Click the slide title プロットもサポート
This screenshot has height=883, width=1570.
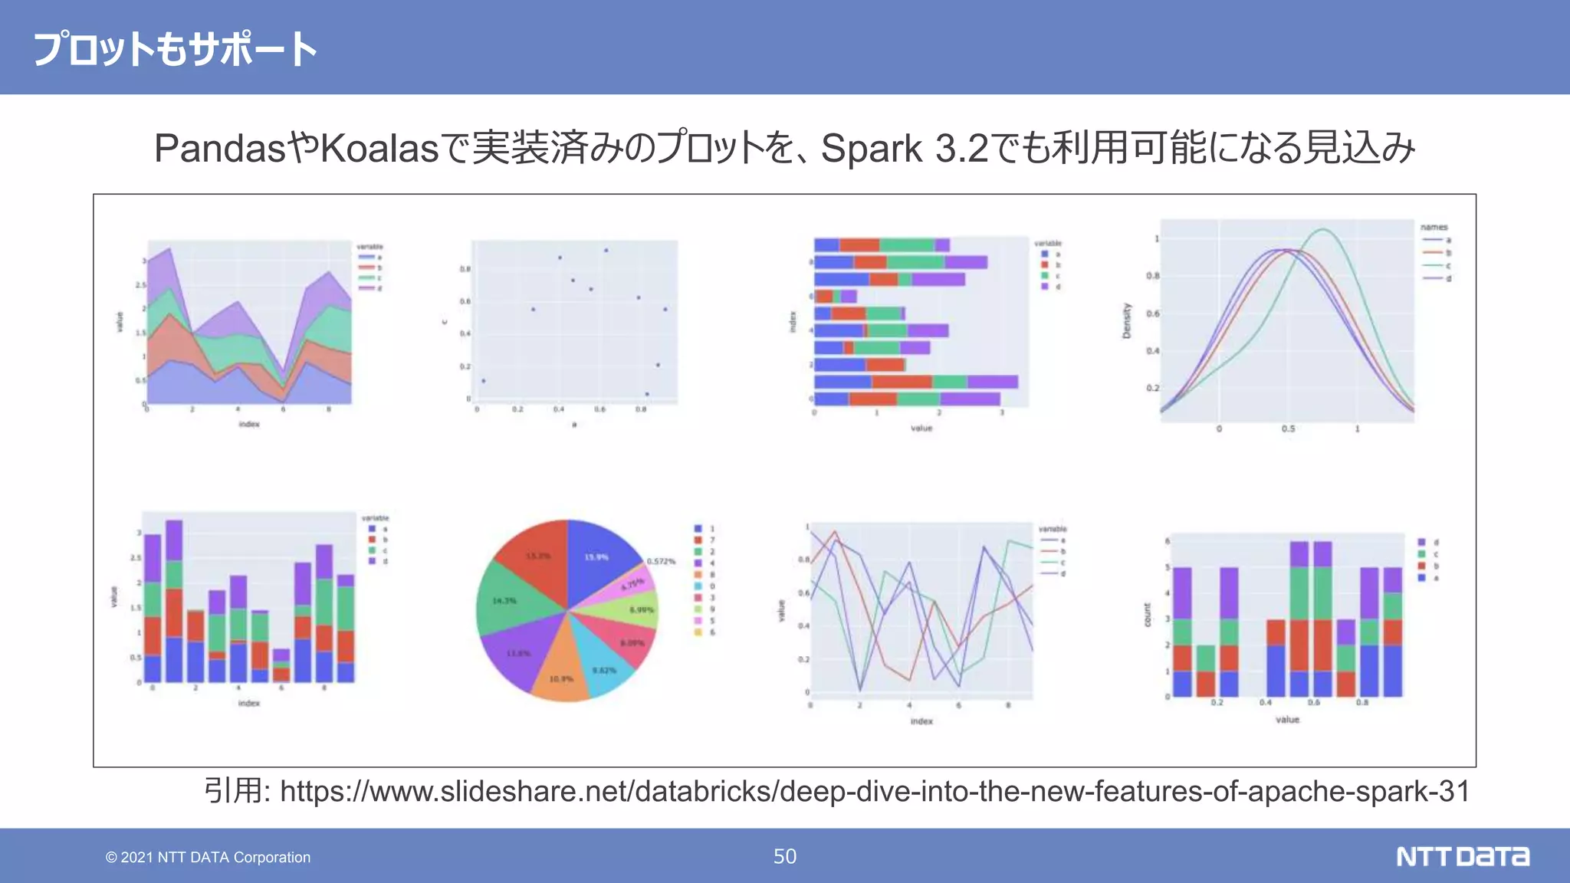tap(175, 49)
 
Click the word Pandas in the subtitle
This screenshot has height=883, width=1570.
tap(220, 148)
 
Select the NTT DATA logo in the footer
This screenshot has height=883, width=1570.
tap(1462, 856)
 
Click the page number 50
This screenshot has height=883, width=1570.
tap(784, 856)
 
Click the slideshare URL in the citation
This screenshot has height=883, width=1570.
tap(874, 791)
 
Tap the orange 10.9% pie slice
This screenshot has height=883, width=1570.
tap(561, 678)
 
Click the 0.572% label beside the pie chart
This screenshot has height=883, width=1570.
tap(661, 562)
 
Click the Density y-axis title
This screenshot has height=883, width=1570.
tap(1126, 320)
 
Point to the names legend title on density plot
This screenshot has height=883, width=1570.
tap(1434, 228)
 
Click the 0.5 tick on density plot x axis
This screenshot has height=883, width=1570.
tap(1288, 429)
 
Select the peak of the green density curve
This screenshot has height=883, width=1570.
tap(1323, 229)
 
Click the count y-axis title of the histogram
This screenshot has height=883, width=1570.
tap(1148, 615)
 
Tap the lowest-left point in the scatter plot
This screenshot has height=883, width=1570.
tap(483, 381)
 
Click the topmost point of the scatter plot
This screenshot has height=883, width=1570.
tap(606, 251)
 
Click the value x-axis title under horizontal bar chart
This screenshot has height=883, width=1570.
tap(921, 428)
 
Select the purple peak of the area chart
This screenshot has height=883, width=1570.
tap(169, 249)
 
